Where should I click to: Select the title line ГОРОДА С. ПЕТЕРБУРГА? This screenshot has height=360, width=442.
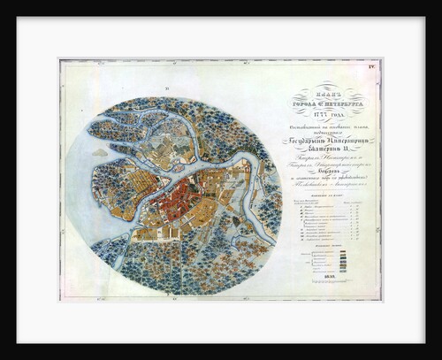[x=329, y=102]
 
